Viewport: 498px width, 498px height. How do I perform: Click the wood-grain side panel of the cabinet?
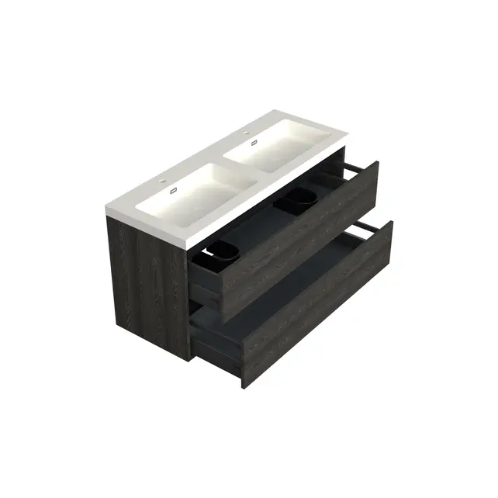(x=147, y=287)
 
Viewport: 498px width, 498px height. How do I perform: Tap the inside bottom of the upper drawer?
(x=256, y=233)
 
